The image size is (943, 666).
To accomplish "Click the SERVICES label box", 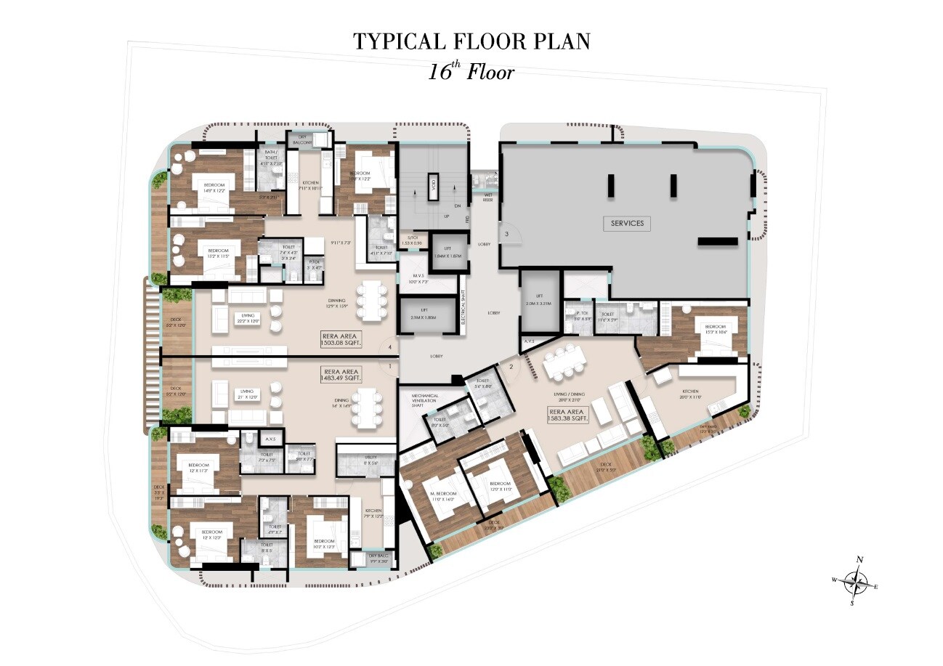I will (626, 223).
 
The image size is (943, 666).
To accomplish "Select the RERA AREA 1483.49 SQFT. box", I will (341, 374).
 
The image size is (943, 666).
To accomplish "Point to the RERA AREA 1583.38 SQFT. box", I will (569, 415).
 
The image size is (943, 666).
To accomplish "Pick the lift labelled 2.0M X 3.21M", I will (539, 299).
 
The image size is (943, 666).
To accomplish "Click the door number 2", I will (511, 367).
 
